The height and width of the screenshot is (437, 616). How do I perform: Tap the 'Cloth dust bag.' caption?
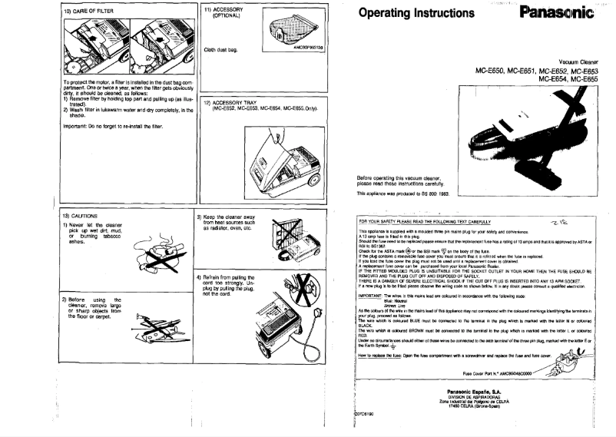point(222,48)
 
